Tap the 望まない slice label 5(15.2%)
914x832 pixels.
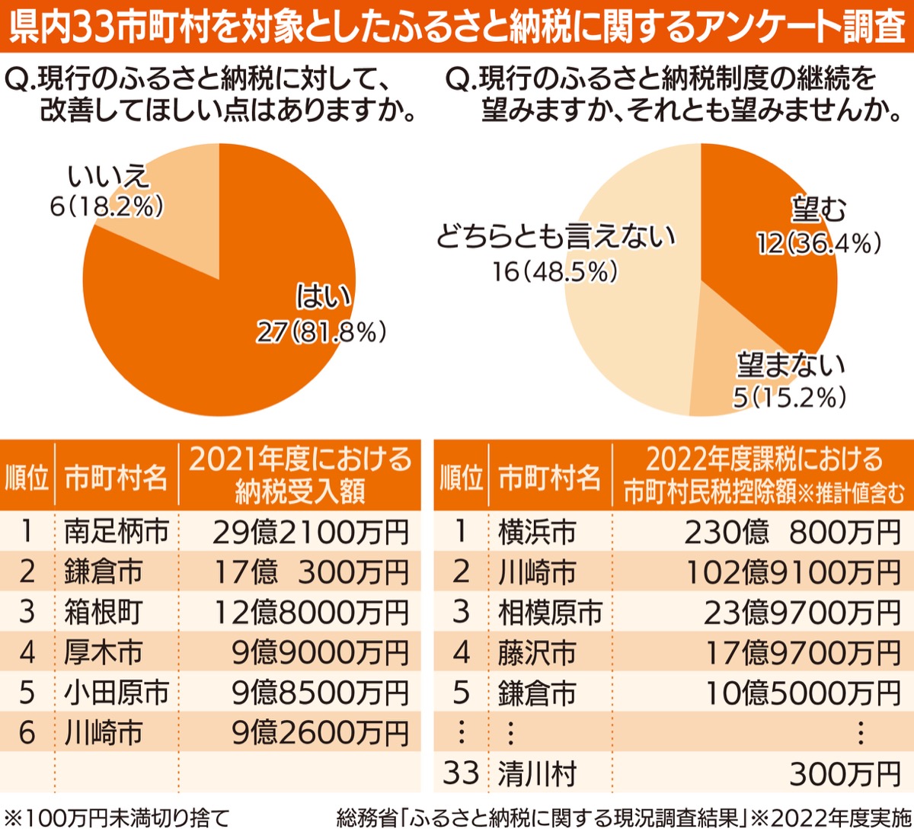pos(789,397)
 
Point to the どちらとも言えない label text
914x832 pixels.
pos(555,238)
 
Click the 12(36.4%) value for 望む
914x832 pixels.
pos(819,243)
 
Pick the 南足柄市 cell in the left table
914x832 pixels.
pos(116,531)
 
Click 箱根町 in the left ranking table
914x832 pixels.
pos(104,612)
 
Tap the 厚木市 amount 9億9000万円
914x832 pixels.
pos(320,652)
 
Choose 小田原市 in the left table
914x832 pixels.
pos(116,693)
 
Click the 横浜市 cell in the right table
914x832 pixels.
pos(537,531)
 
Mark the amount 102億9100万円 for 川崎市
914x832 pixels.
pos(792,571)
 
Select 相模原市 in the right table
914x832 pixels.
pos(550,612)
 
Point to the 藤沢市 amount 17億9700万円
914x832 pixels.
pos(803,652)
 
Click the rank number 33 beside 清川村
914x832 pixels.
pos(461,773)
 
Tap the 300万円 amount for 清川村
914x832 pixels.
pos(845,773)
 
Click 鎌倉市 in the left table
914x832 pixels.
pos(104,571)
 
